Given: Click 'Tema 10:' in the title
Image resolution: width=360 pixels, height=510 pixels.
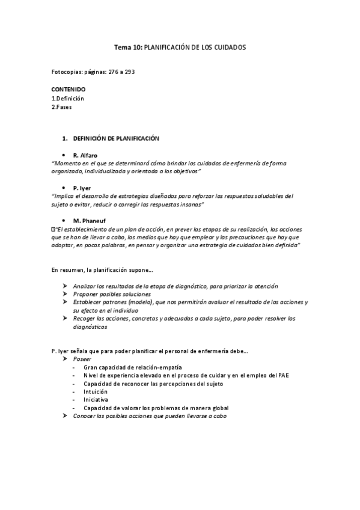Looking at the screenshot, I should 127,47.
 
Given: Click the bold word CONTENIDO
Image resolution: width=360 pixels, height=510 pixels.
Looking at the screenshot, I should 69,89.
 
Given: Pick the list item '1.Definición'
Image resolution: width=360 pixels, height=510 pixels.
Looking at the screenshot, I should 67,98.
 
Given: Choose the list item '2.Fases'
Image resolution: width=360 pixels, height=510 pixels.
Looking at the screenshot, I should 63,106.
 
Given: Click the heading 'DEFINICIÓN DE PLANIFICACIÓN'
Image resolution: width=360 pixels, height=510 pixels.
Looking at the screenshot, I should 116,138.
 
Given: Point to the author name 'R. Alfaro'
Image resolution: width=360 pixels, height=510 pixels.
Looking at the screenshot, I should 87,155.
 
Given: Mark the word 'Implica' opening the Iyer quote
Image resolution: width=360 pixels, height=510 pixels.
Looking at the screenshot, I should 64,196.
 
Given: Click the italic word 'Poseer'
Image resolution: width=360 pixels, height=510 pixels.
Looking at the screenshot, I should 82,358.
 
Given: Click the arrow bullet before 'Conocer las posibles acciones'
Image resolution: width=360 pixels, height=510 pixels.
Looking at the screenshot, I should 66,416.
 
